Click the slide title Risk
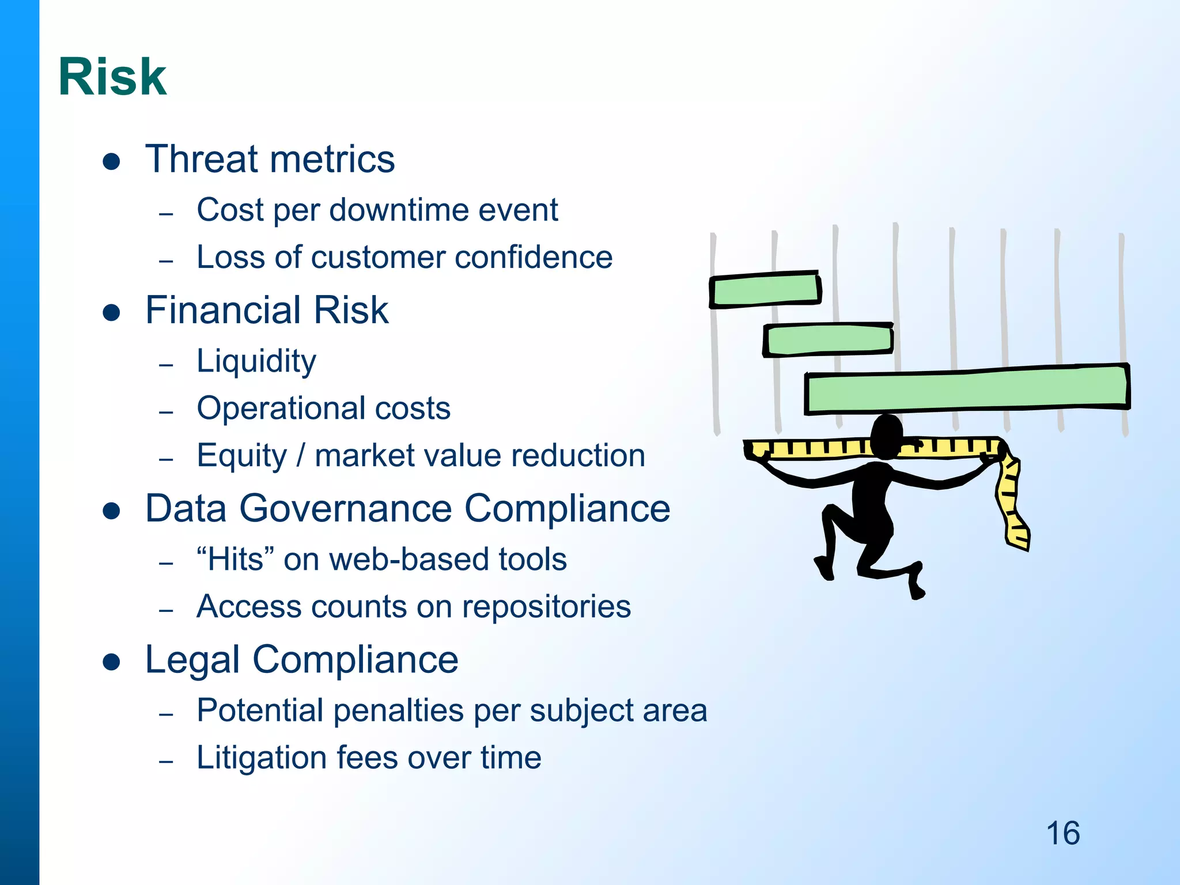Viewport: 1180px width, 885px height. [x=112, y=77]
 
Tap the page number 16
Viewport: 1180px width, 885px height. [x=1062, y=833]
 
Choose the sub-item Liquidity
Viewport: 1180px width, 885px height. [x=256, y=362]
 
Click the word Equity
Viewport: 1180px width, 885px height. [x=241, y=456]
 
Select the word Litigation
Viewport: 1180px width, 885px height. [x=261, y=758]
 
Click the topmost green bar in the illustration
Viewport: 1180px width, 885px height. [x=765, y=289]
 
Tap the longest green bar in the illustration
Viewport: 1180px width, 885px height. [x=966, y=389]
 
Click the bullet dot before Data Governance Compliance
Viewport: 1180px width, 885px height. [x=111, y=510]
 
